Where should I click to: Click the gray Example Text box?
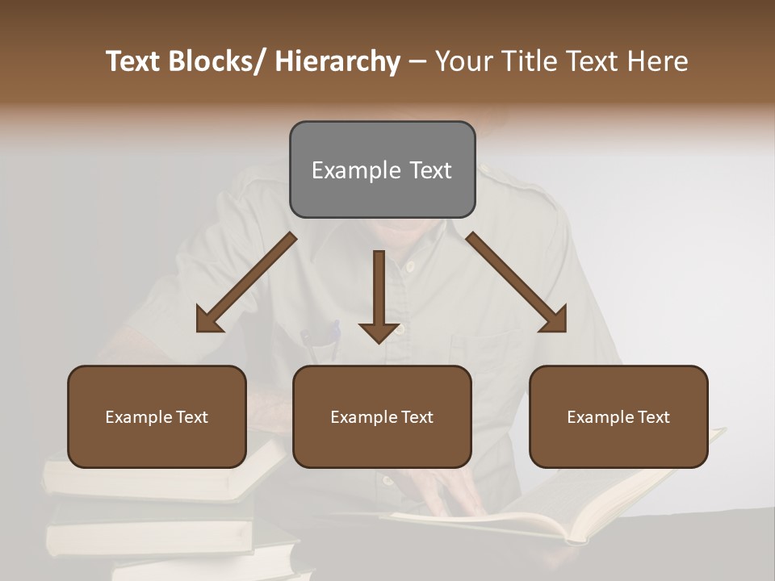(382, 169)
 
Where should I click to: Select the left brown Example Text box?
(157, 416)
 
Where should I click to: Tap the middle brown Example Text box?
(382, 416)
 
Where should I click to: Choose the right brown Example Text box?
(618, 416)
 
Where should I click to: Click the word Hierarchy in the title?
(337, 61)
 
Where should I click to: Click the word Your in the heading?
(463, 61)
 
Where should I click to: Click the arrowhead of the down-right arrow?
(555, 320)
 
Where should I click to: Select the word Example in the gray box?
(346, 170)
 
